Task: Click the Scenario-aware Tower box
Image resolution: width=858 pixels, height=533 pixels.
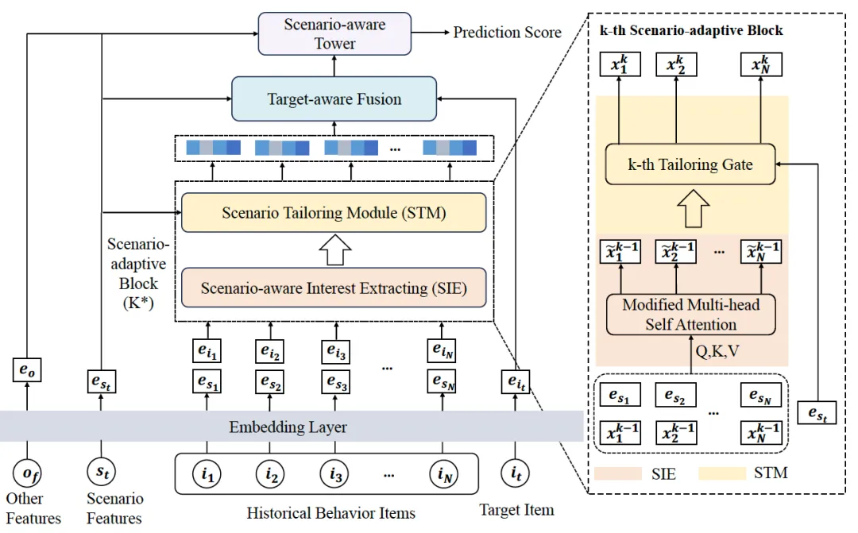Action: click(x=334, y=34)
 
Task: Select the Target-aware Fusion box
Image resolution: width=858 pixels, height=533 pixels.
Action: click(x=334, y=99)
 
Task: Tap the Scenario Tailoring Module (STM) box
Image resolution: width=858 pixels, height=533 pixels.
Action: click(x=333, y=213)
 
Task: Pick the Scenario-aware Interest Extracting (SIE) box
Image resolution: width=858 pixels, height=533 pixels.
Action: click(x=333, y=288)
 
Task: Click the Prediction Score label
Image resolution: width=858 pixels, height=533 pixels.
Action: click(x=507, y=33)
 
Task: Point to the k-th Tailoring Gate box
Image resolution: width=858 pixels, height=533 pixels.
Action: click(x=690, y=165)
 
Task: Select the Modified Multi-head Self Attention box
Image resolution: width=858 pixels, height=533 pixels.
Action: click(x=690, y=315)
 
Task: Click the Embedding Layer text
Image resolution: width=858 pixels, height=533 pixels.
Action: click(x=288, y=427)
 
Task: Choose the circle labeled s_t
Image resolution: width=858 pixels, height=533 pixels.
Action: click(x=100, y=475)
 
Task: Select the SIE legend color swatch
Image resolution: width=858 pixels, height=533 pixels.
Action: click(x=617, y=474)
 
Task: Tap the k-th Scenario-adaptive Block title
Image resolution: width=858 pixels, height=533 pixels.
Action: click(x=690, y=31)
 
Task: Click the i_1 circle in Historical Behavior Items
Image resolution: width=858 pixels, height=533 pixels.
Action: click(x=207, y=475)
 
